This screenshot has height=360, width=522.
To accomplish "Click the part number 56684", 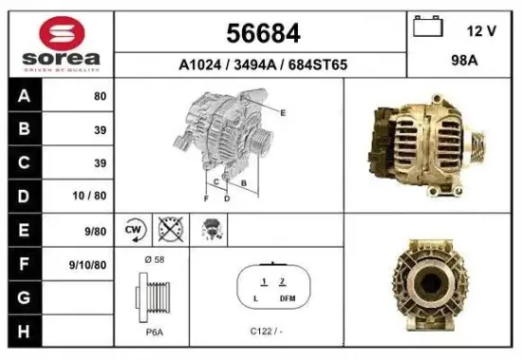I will tap(263, 34).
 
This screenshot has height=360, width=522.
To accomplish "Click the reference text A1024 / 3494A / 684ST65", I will tap(263, 66).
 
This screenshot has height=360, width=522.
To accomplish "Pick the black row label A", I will tap(24, 97).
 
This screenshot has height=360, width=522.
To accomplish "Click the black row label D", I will tap(24, 197).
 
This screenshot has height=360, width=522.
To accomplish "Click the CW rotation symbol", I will tap(134, 229).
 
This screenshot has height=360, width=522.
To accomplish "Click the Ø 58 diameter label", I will tap(153, 258).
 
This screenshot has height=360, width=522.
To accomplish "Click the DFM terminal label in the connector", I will tap(288, 298).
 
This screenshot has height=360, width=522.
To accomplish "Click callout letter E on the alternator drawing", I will tap(282, 112).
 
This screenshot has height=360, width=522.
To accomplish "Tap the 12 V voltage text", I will tap(481, 30).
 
